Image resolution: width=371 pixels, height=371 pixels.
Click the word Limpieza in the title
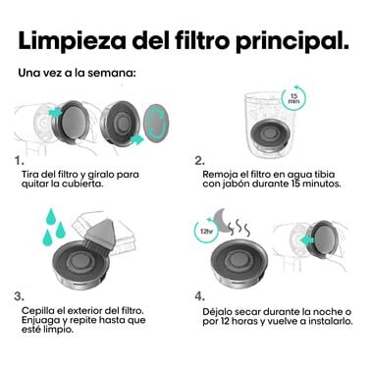tap(72, 41)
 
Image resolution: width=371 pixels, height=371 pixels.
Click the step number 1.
tap(20, 161)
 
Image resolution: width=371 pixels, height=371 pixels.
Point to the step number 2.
tap(200, 161)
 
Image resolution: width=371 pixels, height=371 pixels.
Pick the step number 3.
tap(20, 296)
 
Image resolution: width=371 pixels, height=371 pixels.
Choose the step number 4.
tap(200, 296)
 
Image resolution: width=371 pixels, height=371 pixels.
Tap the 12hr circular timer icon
tap(206, 231)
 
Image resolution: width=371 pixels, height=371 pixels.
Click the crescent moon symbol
tap(223, 220)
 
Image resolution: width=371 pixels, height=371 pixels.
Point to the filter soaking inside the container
tap(270, 135)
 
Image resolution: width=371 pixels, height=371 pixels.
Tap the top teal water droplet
tap(51, 216)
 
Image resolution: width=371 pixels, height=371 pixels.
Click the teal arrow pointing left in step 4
tap(306, 240)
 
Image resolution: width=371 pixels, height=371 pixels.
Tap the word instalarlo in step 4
tap(330, 321)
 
